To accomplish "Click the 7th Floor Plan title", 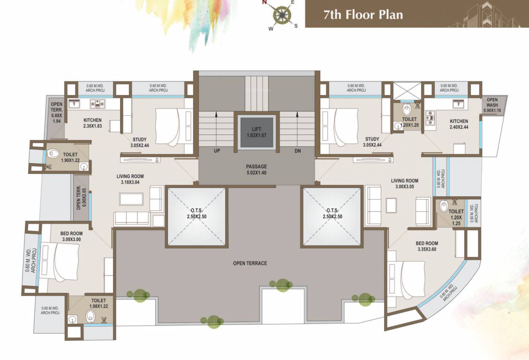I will tap(363, 14).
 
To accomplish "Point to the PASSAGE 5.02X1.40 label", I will tap(256, 169).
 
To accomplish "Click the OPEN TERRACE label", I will tap(250, 263).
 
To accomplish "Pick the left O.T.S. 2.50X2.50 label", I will tap(196, 214).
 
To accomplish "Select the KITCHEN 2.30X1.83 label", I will tap(92, 123).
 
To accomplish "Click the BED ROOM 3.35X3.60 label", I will tap(427, 246).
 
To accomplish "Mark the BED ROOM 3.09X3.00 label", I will tap(71, 236).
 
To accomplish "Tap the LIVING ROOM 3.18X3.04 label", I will tap(130, 179).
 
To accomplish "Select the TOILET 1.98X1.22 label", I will tap(98, 303).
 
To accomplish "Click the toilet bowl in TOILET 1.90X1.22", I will tap(53, 153).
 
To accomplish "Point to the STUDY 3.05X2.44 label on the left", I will tap(139, 142).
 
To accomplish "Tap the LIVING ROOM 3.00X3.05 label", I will tap(404, 183).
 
